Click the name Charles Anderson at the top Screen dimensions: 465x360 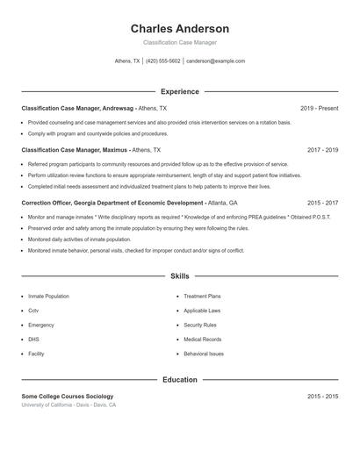179,29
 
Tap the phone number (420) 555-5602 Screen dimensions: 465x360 162,61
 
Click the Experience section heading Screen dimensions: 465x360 179,91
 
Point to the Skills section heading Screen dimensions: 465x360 179,275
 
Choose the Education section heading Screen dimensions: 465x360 179,380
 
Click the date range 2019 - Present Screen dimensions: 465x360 319,108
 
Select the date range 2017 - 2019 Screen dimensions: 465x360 322,150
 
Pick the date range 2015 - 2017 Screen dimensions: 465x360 322,202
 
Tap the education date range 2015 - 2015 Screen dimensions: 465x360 322,397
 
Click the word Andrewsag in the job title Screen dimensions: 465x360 119,108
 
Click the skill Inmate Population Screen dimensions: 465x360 48,297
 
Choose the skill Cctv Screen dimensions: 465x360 33,311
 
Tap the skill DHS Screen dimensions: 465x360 33,340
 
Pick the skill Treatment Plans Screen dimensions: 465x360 202,297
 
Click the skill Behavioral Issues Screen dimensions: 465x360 204,354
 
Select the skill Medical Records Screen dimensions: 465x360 202,340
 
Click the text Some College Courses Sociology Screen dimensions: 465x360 68,397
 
